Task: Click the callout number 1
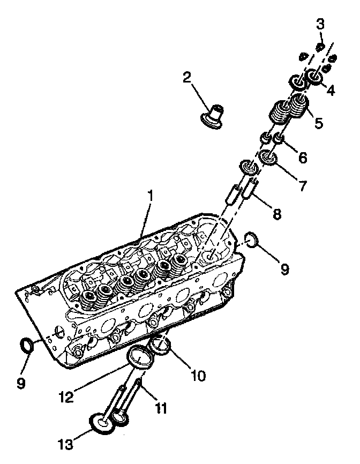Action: coord(150,196)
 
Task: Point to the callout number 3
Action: coord(320,24)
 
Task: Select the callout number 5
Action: coord(319,123)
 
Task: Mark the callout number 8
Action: coord(276,214)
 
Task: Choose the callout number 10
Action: coord(198,376)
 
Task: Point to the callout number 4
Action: coord(331,91)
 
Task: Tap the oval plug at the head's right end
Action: coord(253,240)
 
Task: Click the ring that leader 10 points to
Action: coord(161,346)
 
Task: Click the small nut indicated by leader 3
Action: coord(320,47)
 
